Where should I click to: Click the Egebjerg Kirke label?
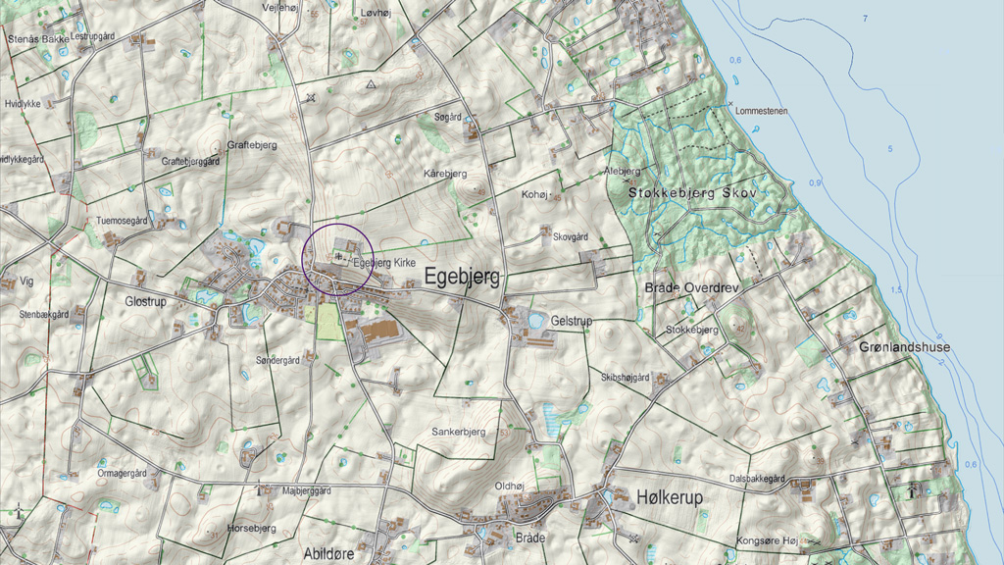385,263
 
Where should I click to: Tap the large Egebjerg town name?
462,279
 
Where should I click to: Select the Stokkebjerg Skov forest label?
693,193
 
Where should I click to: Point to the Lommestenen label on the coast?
761,111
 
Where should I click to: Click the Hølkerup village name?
670,498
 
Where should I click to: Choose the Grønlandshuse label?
904,347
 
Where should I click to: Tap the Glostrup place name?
146,302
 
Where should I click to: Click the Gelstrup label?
574,322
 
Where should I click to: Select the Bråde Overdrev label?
691,287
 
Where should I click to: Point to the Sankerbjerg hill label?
459,432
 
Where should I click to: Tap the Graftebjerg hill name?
252,144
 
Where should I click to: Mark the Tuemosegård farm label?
121,222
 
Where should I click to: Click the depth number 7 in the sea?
865,20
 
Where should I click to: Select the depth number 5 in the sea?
890,148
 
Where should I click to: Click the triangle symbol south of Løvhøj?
371,85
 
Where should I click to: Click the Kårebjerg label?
445,173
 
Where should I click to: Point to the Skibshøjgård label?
626,377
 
